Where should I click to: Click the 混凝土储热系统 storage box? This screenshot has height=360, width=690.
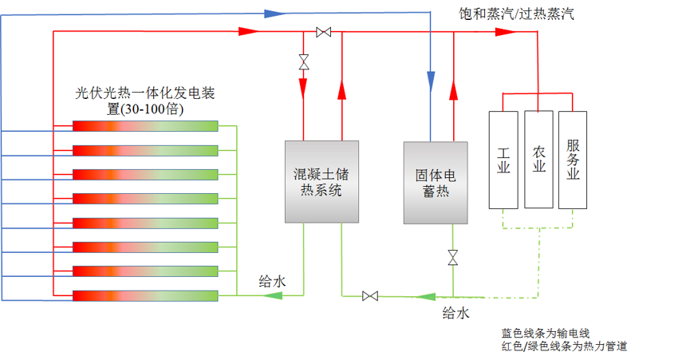pyautogui.click(x=320, y=181)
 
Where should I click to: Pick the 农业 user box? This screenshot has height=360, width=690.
pyautogui.click(x=539, y=160)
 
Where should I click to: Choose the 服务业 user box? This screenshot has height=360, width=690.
pyautogui.click(x=574, y=160)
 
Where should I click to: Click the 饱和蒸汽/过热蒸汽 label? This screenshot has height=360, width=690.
pyautogui.click(x=516, y=14)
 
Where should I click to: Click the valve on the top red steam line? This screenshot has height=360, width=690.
pyautogui.click(x=324, y=32)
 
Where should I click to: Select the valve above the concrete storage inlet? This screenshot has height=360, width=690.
pyautogui.click(x=304, y=61)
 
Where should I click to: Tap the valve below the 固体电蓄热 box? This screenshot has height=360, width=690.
pyautogui.click(x=453, y=257)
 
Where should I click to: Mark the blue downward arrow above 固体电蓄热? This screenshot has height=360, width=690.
pyautogui.click(x=431, y=78)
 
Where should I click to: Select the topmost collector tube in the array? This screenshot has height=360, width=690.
pyautogui.click(x=145, y=125)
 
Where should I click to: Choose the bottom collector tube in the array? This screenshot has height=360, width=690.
pyautogui.click(x=145, y=295)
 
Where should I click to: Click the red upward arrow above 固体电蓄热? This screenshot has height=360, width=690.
pyautogui.click(x=453, y=91)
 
